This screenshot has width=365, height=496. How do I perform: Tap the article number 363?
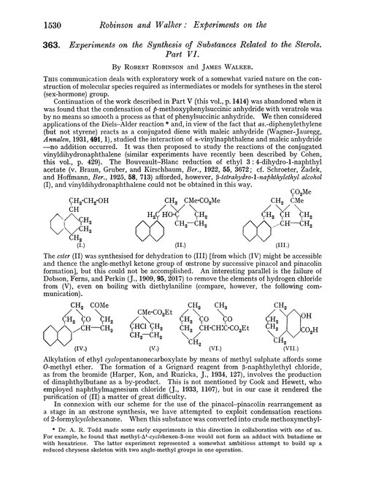pos(30,39)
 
